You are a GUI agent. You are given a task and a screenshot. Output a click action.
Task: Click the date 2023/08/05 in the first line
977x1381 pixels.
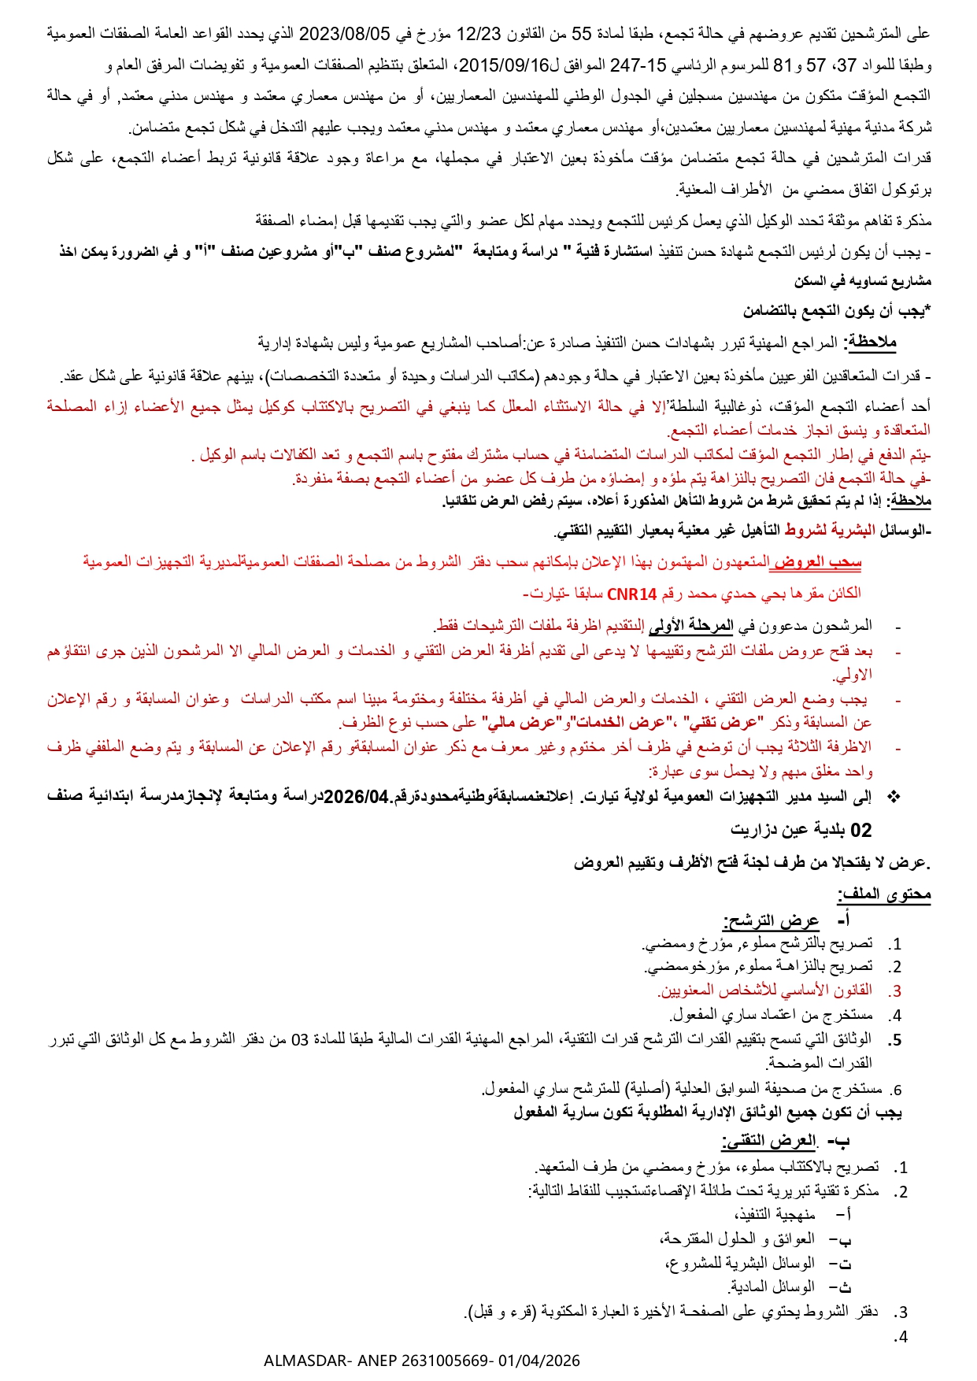pos(347,33)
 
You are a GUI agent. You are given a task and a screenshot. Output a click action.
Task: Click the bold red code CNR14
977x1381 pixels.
pos(632,593)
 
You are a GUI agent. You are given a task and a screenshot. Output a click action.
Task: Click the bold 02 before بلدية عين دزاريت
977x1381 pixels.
pos(860,830)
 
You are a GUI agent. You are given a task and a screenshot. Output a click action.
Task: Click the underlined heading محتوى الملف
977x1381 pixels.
pos(884,894)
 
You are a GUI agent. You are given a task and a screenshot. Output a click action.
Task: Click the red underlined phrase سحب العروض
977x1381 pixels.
pos(816,562)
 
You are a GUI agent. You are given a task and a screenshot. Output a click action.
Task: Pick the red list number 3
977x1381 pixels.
pos(896,991)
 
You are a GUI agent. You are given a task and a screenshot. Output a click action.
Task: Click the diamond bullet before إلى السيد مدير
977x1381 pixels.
pos(893,797)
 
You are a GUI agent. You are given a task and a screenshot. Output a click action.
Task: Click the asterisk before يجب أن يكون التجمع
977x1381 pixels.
pos(928,311)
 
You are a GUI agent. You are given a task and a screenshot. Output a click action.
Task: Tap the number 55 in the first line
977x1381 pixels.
pos(581,33)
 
